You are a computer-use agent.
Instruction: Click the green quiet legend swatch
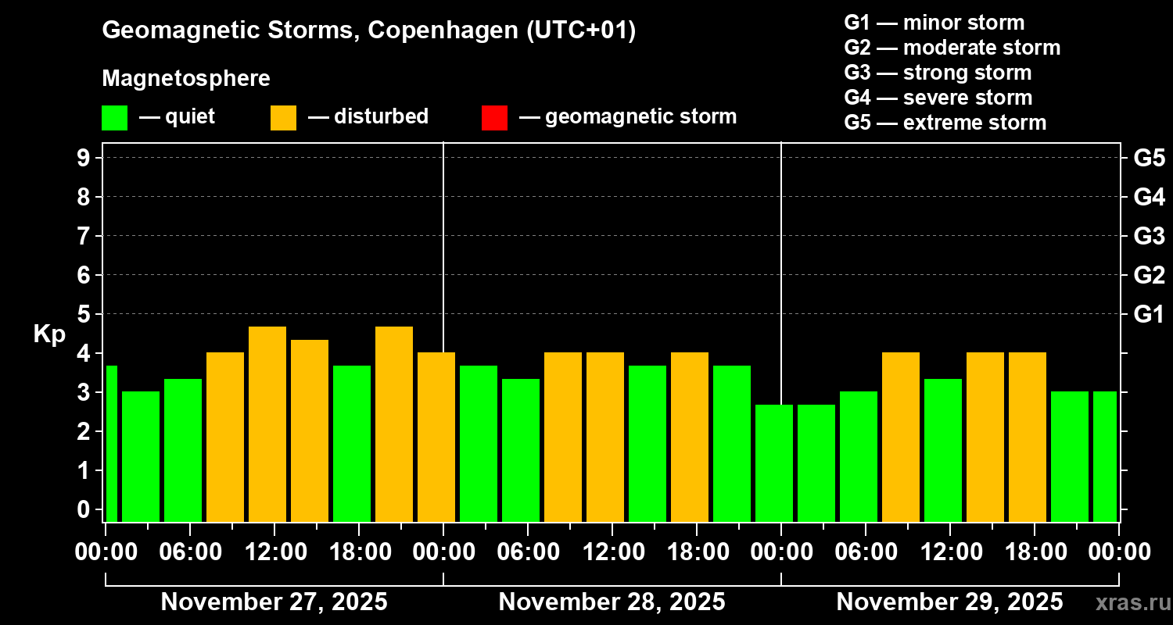[114, 117]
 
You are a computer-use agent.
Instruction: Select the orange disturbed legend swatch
[283, 117]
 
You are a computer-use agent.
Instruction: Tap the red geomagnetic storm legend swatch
[494, 117]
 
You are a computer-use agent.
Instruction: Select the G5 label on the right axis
[1149, 159]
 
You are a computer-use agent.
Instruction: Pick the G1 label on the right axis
[1149, 315]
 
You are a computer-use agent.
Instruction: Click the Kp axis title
[49, 334]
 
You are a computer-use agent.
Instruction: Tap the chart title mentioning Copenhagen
[369, 30]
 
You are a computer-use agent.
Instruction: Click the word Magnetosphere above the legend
[186, 79]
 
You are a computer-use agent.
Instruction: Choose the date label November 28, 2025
[612, 602]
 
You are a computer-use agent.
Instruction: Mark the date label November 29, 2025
[949, 602]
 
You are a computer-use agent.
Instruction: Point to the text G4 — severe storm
[938, 98]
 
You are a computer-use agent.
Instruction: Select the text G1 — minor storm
[934, 23]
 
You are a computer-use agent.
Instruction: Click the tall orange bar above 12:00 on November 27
[267, 423]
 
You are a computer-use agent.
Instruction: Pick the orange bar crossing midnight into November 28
[436, 437]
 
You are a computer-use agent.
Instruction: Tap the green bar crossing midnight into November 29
[774, 462]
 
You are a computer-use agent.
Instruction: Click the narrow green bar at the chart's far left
[111, 443]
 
